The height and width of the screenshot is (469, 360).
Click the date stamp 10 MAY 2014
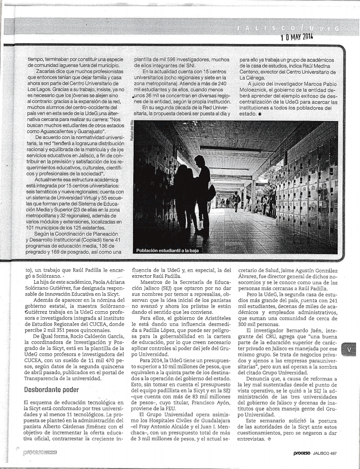point(297,37)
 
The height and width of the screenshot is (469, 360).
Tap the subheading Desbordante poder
point(51,389)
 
